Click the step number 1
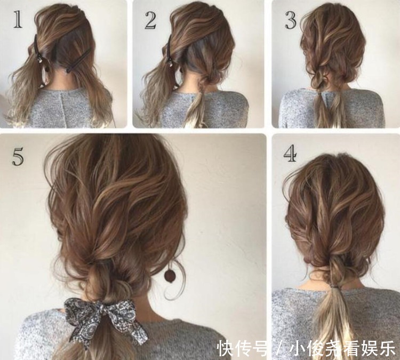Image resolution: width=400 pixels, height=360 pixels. [x=18, y=19]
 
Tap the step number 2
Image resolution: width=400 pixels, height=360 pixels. [x=151, y=20]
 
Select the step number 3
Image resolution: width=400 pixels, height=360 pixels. [x=291, y=20]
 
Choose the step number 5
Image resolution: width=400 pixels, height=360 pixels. [x=18, y=157]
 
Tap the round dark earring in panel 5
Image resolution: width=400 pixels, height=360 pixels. [x=169, y=275]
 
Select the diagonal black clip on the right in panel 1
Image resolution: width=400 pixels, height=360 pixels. [x=78, y=60]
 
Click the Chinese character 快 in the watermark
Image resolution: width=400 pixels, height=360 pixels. [x=225, y=348]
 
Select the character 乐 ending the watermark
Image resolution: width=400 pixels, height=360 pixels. [x=387, y=348]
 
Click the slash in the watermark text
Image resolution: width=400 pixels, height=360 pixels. [x=281, y=348]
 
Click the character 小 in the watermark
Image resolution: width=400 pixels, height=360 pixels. [x=298, y=348]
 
